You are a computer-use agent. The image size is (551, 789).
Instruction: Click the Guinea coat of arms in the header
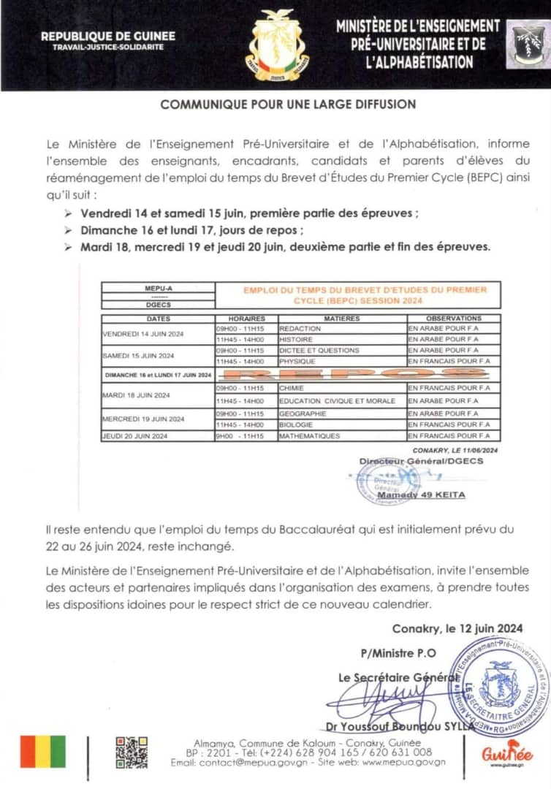(277, 45)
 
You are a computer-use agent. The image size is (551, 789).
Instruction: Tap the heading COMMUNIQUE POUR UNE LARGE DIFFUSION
(288, 104)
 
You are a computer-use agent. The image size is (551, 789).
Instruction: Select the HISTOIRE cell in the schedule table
(297, 340)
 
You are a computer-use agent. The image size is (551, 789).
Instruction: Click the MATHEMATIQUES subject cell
(310, 436)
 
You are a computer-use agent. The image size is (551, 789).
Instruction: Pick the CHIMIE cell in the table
(292, 388)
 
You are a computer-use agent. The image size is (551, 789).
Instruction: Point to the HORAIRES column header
(246, 319)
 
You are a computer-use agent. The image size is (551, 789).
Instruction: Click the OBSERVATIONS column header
(453, 319)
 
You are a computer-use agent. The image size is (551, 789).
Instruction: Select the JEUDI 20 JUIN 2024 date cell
(135, 436)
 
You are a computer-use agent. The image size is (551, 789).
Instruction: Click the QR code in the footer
(132, 753)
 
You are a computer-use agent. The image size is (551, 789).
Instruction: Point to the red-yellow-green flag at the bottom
(43, 752)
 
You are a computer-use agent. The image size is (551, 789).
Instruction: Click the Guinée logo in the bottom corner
(507, 752)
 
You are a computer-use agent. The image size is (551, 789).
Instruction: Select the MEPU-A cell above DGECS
(159, 288)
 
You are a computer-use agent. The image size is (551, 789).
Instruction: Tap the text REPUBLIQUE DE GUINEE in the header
(102, 36)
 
